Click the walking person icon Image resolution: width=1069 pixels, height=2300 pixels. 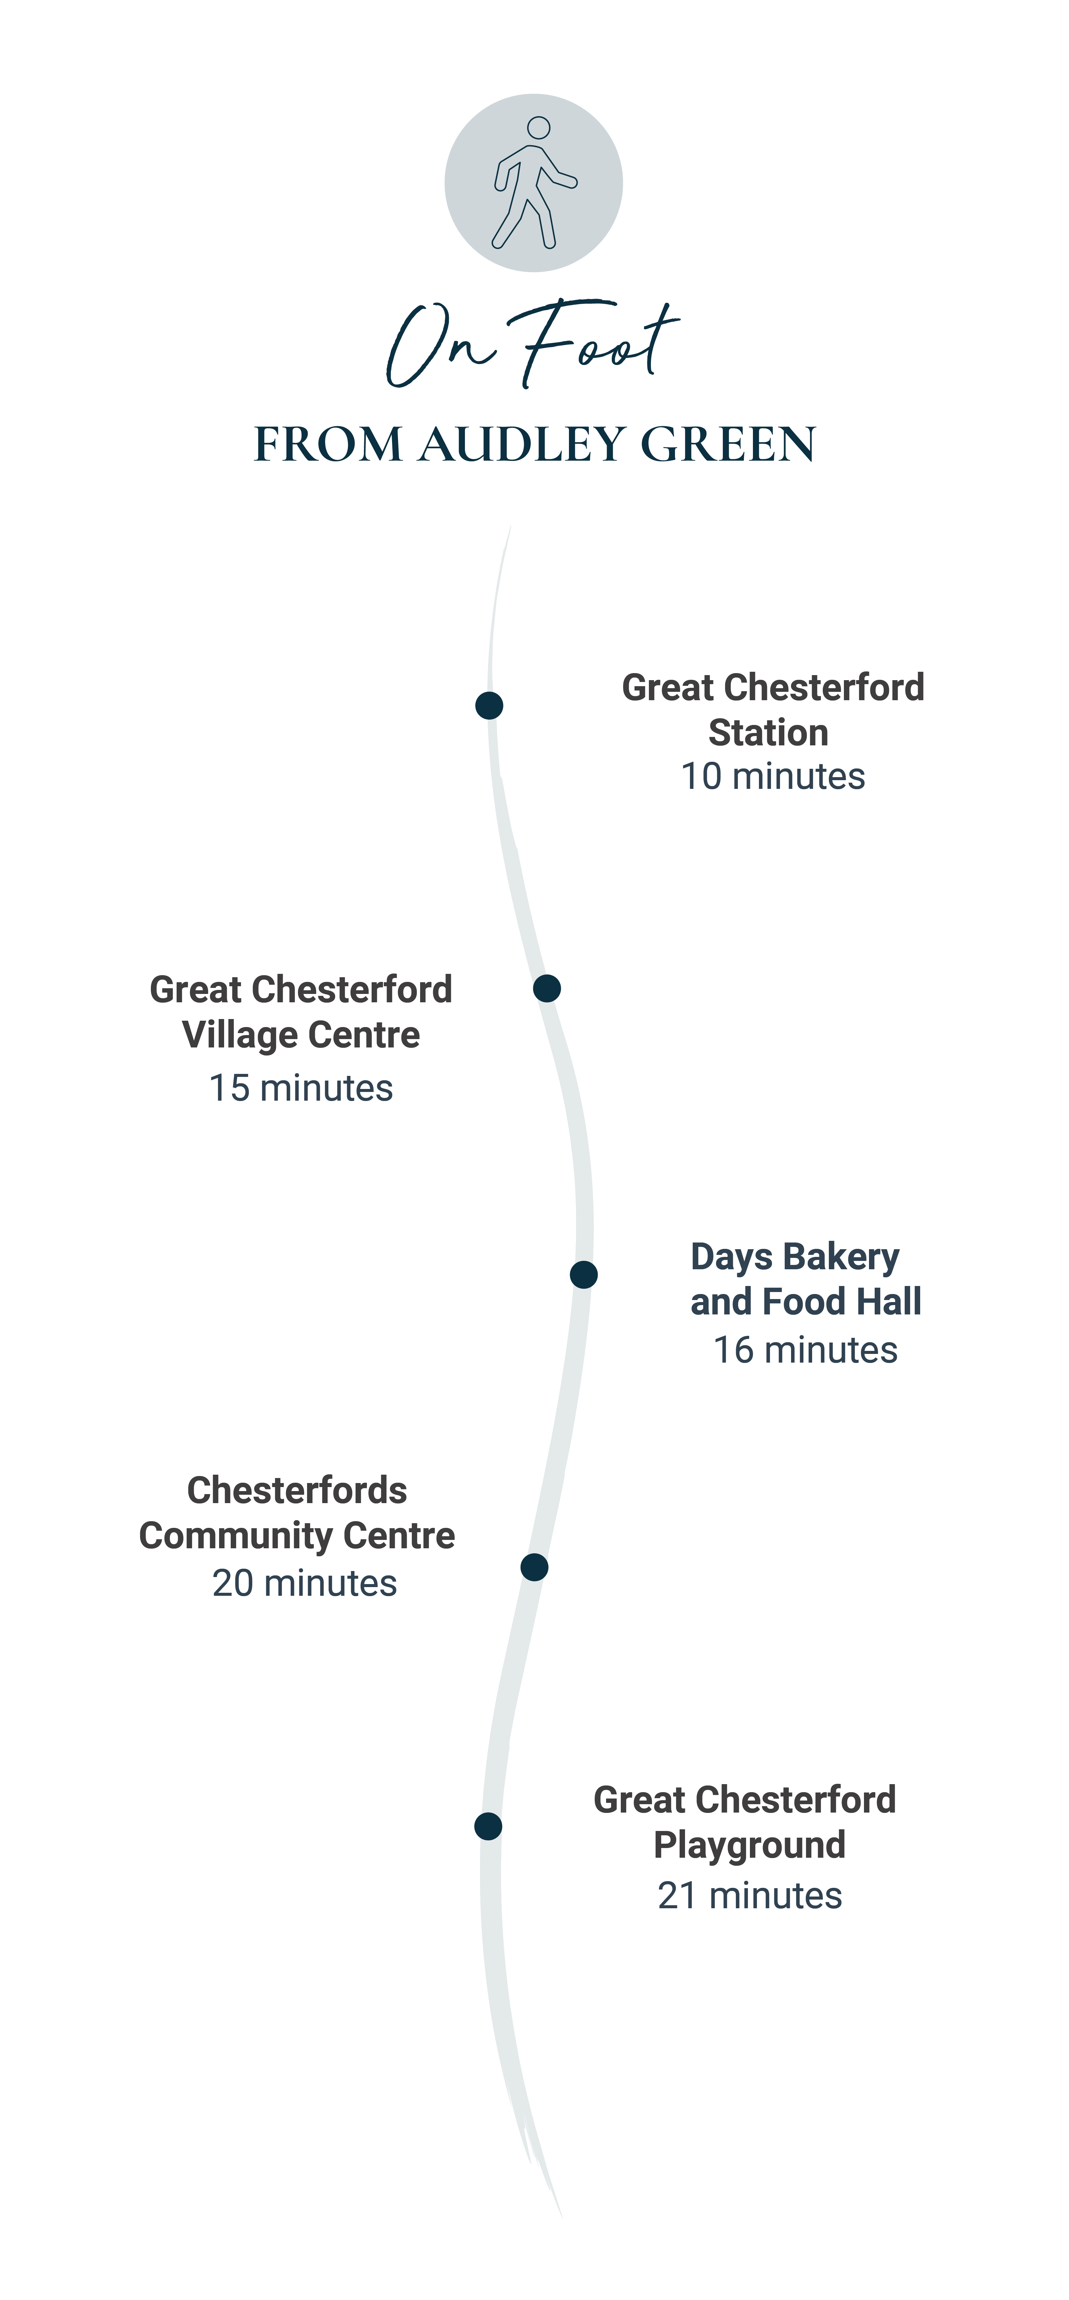(x=533, y=183)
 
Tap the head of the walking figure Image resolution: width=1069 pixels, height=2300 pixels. (x=538, y=128)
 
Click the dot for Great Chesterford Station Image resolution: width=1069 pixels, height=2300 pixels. (x=489, y=705)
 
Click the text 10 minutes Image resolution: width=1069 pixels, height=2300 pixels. (x=773, y=777)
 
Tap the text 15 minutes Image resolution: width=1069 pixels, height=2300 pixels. (x=301, y=1088)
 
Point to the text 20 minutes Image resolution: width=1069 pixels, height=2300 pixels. (x=304, y=1583)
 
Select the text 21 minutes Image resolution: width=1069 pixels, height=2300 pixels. (x=750, y=1896)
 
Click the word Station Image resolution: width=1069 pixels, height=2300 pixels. (x=768, y=732)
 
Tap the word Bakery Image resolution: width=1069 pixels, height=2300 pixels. (x=841, y=1257)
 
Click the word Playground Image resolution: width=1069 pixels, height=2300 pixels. (x=750, y=1845)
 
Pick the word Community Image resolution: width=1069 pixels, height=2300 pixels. (x=235, y=1536)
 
